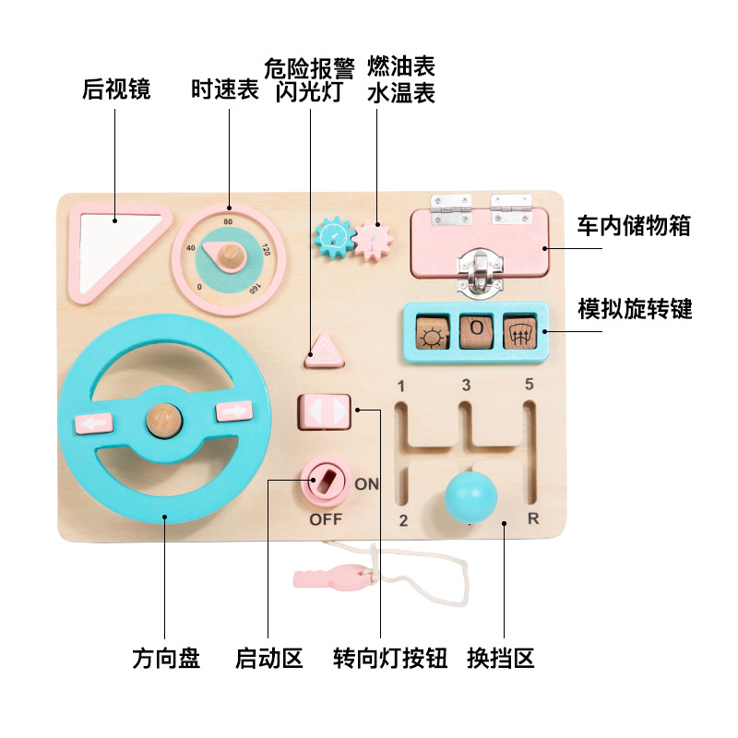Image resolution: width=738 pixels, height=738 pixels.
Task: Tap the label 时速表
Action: point(225,89)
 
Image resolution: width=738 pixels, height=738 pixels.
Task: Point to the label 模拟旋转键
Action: point(635,307)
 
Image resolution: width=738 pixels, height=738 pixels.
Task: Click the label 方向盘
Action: point(166,659)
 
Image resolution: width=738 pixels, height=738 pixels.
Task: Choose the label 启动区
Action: point(269,659)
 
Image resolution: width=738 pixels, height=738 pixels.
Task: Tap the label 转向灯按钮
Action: point(390,659)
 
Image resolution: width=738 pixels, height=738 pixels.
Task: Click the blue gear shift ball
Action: point(471,497)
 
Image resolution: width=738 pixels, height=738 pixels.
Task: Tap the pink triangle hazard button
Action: point(325,349)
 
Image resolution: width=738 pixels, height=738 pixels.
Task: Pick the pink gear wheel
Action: point(373,242)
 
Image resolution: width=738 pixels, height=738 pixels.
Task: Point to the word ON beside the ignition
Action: point(366,483)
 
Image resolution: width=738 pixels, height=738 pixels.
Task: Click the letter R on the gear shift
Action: point(533,518)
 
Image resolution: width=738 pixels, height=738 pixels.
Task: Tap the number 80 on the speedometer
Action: point(228,220)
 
